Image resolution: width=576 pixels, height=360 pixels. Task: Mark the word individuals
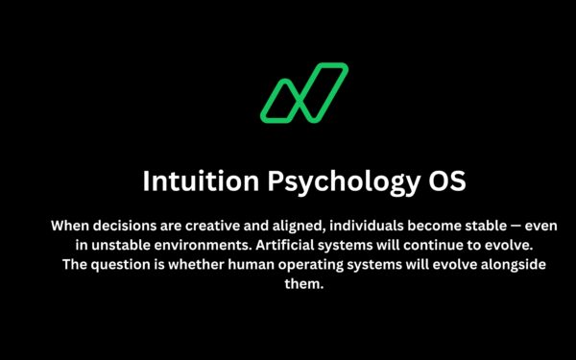(x=375, y=227)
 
